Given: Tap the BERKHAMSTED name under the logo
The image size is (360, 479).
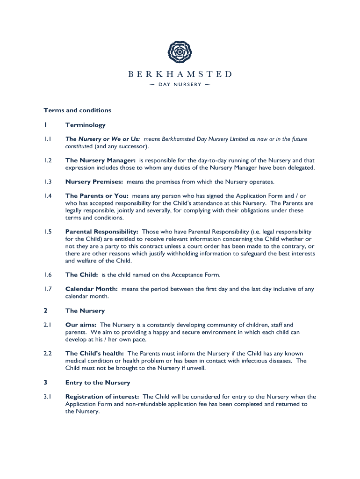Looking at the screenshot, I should coord(180,74).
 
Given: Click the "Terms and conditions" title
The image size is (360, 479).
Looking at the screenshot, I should coord(78,110).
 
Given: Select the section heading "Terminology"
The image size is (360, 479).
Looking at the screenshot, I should coord(86,125).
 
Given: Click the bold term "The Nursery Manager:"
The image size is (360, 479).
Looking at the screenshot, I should coord(101,160).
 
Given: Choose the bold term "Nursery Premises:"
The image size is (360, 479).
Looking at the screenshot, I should coord(94,181).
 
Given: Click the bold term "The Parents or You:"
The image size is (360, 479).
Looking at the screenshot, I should coord(97,196).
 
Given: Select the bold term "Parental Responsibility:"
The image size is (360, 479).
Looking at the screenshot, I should coord(102,232).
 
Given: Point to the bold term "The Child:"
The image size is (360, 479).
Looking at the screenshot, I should coord(82,275).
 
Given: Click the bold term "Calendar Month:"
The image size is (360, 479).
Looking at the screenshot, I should coord(92,289).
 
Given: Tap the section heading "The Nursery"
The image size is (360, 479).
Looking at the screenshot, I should coord(85,311).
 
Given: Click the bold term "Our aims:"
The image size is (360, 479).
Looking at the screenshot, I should coord(81,325).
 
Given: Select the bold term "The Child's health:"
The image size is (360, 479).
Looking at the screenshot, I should coord(94,353).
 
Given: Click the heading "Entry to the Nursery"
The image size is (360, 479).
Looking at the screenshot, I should coord(98,383).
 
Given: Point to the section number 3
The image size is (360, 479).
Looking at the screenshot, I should coord(45,383).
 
